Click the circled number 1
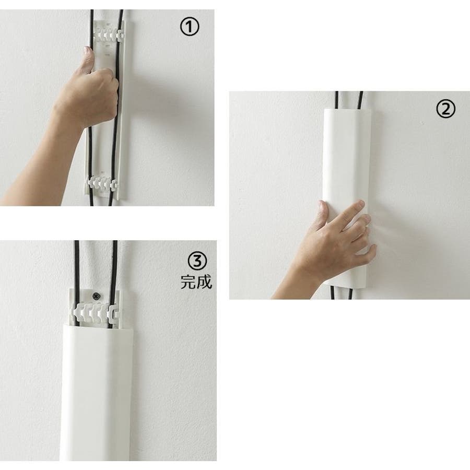190,27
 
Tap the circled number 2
445,109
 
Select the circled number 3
197,261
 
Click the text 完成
196,282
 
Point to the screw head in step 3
97,297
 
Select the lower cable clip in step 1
102,183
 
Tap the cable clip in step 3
96,313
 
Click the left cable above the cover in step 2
337,100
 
